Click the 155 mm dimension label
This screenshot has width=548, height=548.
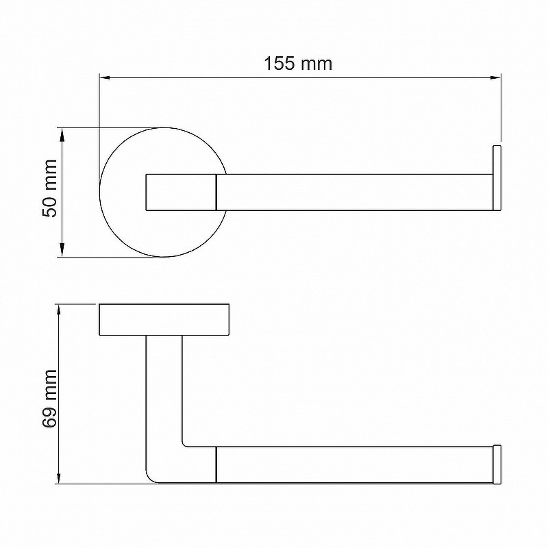click(x=298, y=64)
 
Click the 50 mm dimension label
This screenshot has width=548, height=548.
click(x=49, y=188)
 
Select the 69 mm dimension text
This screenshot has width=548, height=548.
click(x=49, y=399)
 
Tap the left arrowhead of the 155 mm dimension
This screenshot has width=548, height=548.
click(x=105, y=77)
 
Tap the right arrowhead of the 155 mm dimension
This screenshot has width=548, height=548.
click(x=496, y=77)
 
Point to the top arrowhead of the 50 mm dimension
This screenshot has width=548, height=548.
click(x=62, y=133)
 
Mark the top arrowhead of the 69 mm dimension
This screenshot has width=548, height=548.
click(x=59, y=310)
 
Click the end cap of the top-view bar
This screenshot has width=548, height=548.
click(x=497, y=178)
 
